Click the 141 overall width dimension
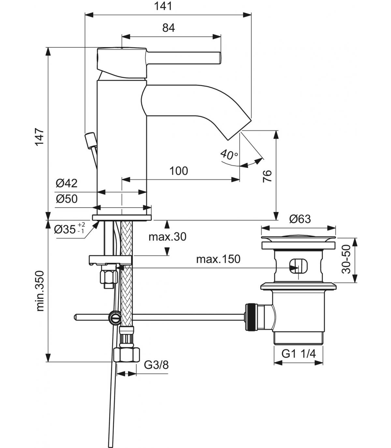pyautogui.click(x=163, y=6)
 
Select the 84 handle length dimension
pyautogui.click(x=169, y=28)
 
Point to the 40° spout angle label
pyautogui.click(x=229, y=154)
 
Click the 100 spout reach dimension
pyautogui.click(x=179, y=171)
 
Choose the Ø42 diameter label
pyautogui.click(x=66, y=183)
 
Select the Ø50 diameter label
pyautogui.click(x=66, y=199)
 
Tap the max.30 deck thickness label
pyautogui.click(x=167, y=237)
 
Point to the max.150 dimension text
pyautogui.click(x=218, y=259)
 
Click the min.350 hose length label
pyautogui.click(x=40, y=291)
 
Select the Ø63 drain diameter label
pyautogui.click(x=300, y=219)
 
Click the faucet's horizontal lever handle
pyautogui.click(x=183, y=58)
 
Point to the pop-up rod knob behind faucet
pyautogui.click(x=90, y=141)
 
